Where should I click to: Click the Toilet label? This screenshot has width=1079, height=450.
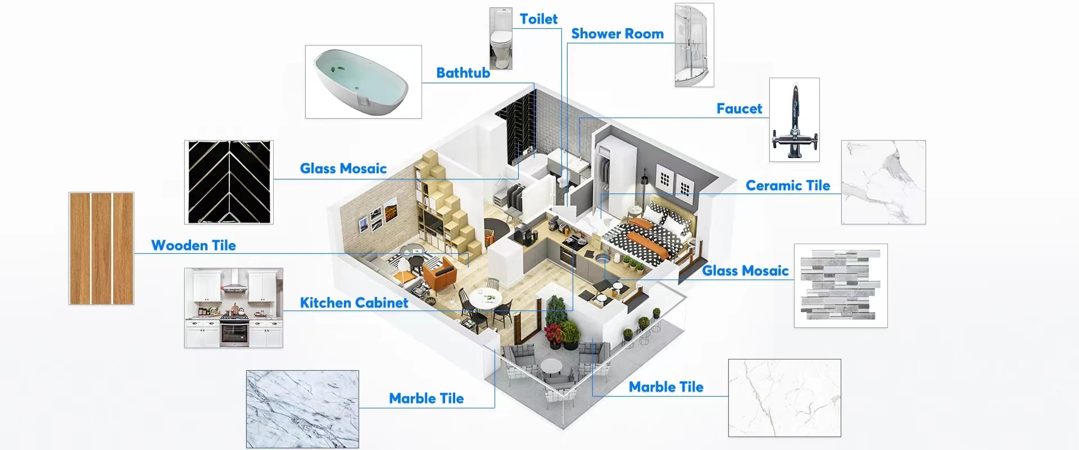tap(538, 19)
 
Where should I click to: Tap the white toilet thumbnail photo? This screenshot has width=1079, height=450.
tap(501, 39)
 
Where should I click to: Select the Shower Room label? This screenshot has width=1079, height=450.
tap(617, 34)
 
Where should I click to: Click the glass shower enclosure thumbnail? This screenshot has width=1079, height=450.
tap(694, 45)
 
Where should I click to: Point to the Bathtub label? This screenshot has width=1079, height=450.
tap(463, 73)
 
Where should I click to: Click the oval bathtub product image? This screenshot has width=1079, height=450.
tap(363, 82)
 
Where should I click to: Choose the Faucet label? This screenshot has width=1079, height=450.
tap(739, 109)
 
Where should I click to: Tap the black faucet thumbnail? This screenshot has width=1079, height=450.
tap(794, 120)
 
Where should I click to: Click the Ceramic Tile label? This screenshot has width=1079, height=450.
tap(787, 186)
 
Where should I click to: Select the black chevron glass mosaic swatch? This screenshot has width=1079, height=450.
tap(229, 182)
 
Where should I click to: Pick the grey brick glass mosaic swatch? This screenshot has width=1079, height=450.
tap(840, 286)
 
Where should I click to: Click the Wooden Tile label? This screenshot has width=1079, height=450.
tap(193, 246)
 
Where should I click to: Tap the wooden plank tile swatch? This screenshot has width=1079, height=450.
tap(101, 248)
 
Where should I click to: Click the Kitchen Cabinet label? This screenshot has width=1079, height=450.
tap(354, 303)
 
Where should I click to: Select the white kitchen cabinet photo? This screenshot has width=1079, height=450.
tap(233, 308)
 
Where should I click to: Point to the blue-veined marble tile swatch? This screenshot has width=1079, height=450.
tap(302, 409)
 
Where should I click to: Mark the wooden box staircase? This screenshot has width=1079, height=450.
tap(450, 208)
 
